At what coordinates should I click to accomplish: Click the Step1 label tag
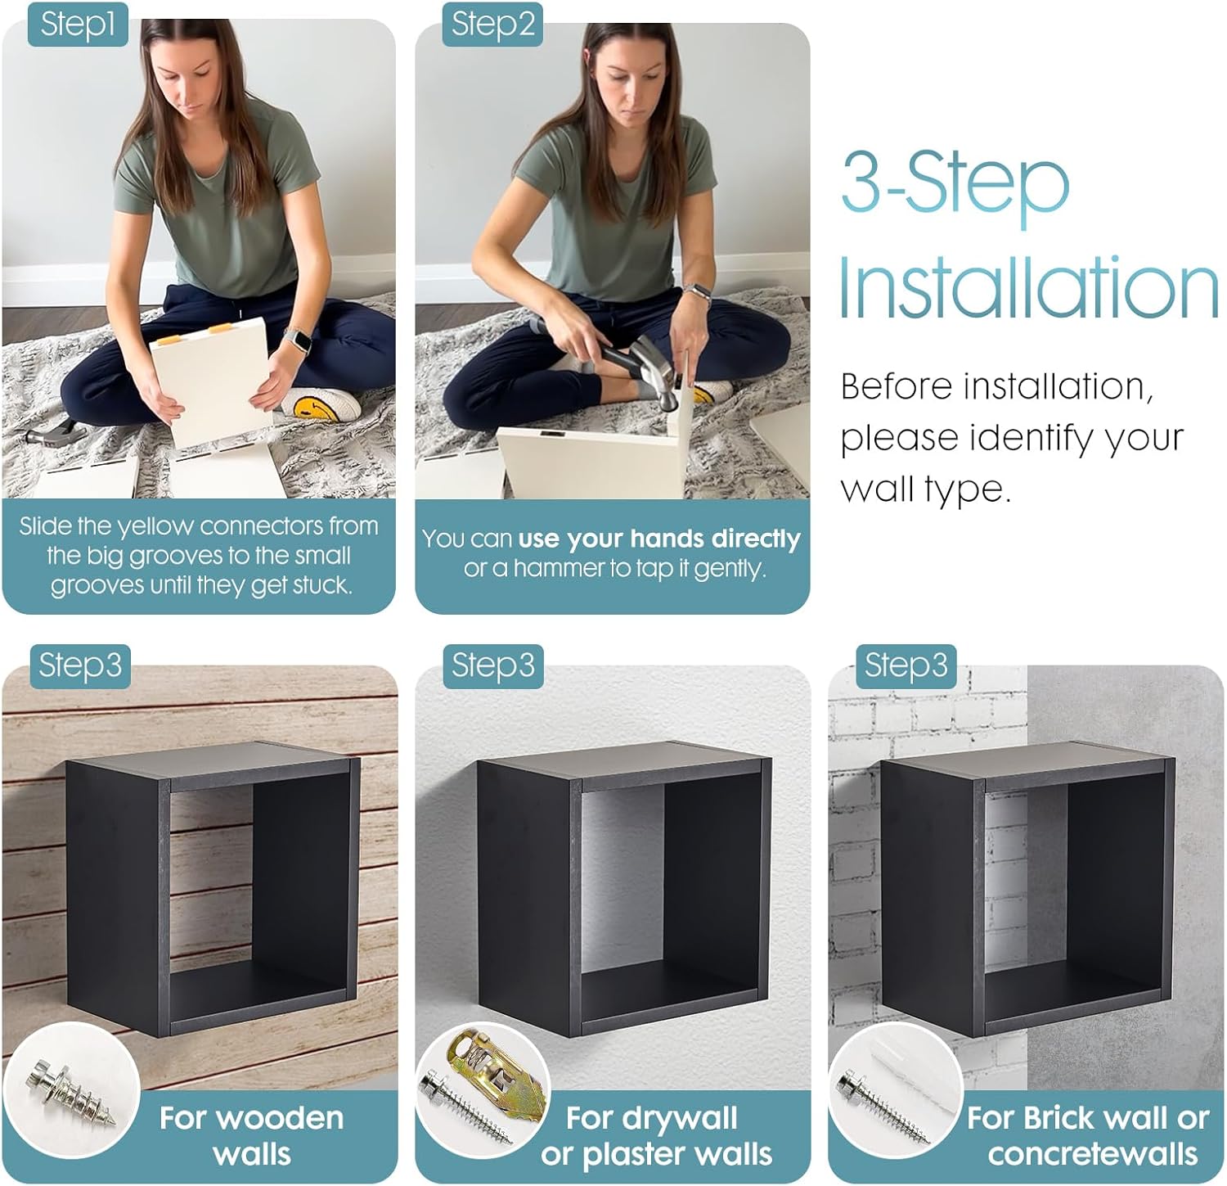(78, 24)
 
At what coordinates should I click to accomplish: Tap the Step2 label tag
(492, 24)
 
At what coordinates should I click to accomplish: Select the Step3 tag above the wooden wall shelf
(79, 665)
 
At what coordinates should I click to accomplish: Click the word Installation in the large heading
(1028, 288)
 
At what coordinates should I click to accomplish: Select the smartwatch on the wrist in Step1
(297, 340)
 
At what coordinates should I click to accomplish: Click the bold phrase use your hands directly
(658, 539)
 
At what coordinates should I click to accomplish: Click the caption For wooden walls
(251, 1135)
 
